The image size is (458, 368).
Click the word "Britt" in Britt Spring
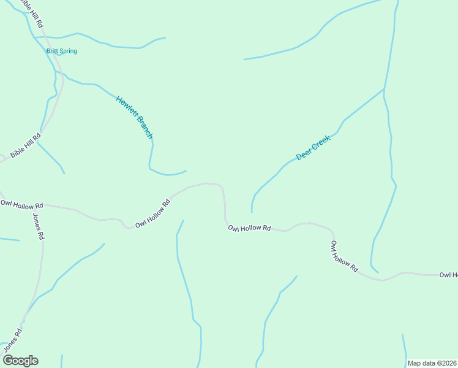point(53,51)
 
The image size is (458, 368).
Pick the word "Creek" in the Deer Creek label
point(321,141)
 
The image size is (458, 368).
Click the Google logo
point(20,361)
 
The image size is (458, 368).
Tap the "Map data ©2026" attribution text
point(432,363)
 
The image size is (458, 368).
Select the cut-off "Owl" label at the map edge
point(448,275)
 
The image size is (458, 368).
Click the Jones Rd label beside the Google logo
point(13,340)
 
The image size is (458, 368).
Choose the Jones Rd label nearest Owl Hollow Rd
point(38,226)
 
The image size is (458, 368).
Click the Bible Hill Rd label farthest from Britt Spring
point(25,145)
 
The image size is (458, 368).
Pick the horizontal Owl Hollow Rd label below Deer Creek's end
point(249,228)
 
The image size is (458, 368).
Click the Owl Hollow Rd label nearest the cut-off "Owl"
point(344,256)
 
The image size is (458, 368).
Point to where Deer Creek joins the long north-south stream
point(384,90)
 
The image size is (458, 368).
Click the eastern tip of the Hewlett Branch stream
point(186,171)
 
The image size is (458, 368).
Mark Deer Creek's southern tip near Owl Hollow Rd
point(252,212)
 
